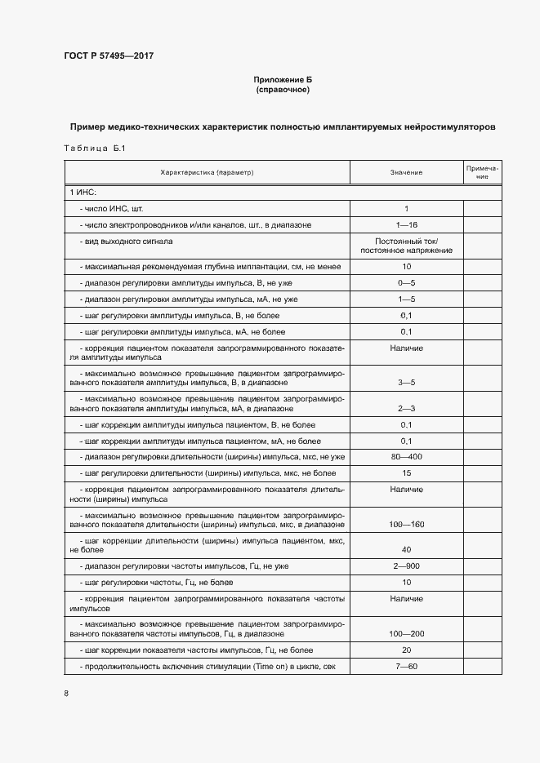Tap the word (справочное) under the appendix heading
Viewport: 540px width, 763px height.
(x=282, y=89)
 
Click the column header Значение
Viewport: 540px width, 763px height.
(x=406, y=173)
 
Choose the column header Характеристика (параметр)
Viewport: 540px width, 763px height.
(x=208, y=173)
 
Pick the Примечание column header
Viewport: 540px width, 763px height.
(x=483, y=172)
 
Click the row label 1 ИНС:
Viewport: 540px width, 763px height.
(x=83, y=192)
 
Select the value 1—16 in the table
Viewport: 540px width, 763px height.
(x=406, y=224)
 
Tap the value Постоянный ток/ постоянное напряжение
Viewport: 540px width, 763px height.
(x=406, y=246)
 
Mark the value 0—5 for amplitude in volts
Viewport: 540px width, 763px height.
(x=406, y=282)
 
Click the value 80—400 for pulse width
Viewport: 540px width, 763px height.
(x=406, y=456)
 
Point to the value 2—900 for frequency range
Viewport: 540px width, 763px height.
(x=406, y=566)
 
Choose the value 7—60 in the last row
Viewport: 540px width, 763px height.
(x=406, y=667)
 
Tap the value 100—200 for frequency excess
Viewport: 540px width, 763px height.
(x=406, y=633)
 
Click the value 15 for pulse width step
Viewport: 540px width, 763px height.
(x=406, y=472)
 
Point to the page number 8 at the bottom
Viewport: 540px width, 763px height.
(x=66, y=694)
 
